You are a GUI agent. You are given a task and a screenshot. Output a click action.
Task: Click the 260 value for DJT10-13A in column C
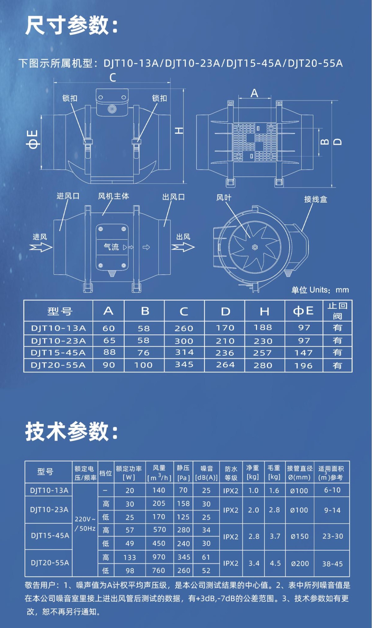coord(184,328)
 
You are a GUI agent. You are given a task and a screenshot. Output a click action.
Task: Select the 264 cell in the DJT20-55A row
coord(225,365)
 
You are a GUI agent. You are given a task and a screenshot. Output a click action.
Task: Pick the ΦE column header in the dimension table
coord(303,311)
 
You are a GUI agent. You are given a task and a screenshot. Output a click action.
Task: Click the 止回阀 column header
coord(337,311)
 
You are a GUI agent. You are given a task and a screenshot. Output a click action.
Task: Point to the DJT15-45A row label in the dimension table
coord(58,352)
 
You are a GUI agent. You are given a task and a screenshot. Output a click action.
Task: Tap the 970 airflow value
coord(159,557)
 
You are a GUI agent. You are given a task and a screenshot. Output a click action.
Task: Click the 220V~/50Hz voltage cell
coord(85,524)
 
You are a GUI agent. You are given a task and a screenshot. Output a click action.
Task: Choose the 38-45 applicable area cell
coord(332,564)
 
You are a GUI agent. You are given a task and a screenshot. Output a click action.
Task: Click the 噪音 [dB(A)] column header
coord(206,473)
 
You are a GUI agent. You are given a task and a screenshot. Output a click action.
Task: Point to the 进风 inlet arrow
coord(41,247)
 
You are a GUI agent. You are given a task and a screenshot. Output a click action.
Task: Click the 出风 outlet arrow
coord(183,247)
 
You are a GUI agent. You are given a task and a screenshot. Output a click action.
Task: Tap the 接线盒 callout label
coord(316,199)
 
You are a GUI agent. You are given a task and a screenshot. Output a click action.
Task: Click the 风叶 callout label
coord(224,198)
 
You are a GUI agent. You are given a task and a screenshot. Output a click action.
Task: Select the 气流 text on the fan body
coord(111,247)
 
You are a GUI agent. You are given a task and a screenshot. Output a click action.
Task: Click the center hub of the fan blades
coord(255,247)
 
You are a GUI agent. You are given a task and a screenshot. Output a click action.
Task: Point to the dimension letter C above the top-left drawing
coord(113,77)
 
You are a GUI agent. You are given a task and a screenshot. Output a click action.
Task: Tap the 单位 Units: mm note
coord(320,290)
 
